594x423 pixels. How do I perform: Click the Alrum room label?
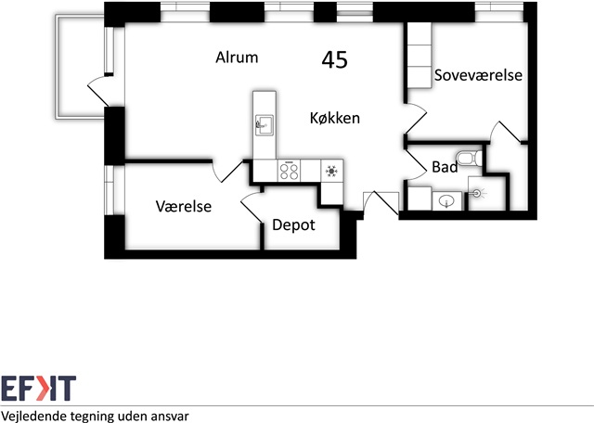(237, 58)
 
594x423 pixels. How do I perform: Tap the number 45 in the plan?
(334, 60)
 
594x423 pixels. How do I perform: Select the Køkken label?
(335, 118)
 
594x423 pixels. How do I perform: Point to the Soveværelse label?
(478, 75)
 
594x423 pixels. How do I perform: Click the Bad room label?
(445, 167)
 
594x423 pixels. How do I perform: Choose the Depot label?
(293, 225)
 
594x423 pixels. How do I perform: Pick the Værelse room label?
(184, 206)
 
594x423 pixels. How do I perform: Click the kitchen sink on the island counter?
(264, 125)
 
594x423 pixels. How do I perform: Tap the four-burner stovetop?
(289, 171)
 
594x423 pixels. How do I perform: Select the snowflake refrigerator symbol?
(332, 171)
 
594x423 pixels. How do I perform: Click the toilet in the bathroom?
(470, 159)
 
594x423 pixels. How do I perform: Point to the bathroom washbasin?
(447, 201)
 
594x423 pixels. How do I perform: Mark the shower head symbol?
(477, 194)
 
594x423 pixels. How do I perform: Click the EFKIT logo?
(38, 388)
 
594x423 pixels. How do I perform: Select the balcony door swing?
(99, 91)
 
